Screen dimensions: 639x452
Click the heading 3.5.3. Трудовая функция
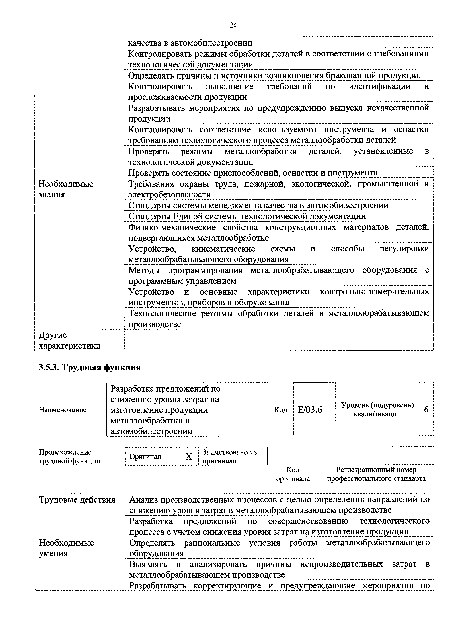[90, 367]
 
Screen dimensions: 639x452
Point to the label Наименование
[63, 410]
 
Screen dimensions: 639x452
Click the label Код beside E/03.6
[280, 410]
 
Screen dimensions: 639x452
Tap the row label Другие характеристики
[69, 340]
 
